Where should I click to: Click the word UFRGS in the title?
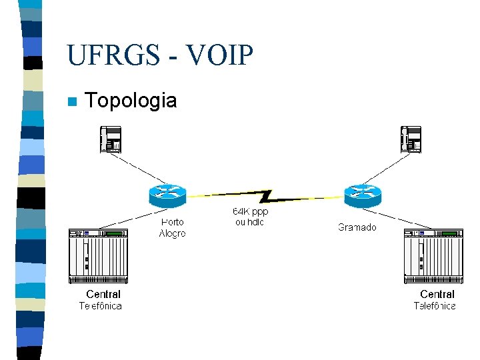[113, 55]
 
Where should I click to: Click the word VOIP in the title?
[219, 55]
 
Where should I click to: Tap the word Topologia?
[131, 101]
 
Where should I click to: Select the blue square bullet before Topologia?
[72, 101]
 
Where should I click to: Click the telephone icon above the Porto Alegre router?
[111, 139]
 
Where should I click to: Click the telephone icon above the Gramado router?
[411, 139]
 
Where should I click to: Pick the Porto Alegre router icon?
[167, 195]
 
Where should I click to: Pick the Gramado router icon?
[363, 195]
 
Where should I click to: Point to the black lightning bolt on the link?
[265, 196]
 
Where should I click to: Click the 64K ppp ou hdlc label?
[250, 217]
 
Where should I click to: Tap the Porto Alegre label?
[173, 228]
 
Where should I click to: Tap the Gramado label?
[357, 227]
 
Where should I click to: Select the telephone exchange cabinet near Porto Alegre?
[98, 256]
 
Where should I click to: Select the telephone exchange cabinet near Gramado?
[433, 256]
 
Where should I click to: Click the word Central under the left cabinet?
[103, 294]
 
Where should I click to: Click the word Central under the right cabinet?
[437, 294]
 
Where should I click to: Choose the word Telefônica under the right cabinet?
[435, 306]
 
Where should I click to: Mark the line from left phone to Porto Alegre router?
[139, 169]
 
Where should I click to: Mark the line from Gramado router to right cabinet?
[397, 219]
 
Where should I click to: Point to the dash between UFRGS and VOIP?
[173, 57]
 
